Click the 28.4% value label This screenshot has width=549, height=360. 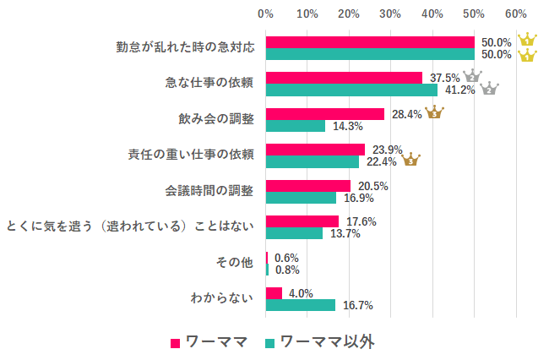point(405,114)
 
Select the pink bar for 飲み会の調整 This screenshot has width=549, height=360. point(325,114)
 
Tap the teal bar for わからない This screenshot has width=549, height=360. point(301,305)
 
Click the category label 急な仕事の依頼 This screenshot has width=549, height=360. point(209,83)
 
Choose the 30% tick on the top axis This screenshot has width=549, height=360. point(390,14)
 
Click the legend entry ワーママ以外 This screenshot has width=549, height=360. point(326,342)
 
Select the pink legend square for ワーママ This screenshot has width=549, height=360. point(176,343)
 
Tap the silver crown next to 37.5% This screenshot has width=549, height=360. point(471,76)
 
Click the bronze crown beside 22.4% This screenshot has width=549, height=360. point(411,159)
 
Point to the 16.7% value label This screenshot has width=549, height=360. point(356,305)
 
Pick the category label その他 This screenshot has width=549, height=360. point(236,263)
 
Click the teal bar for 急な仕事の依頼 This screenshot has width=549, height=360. point(351,90)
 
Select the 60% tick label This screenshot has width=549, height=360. point(515,14)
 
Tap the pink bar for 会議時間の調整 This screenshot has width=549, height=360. point(308,186)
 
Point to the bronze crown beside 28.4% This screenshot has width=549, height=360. point(434,112)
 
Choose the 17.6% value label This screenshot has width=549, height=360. point(361,221)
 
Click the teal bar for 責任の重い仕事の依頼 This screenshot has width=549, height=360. point(313,162)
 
